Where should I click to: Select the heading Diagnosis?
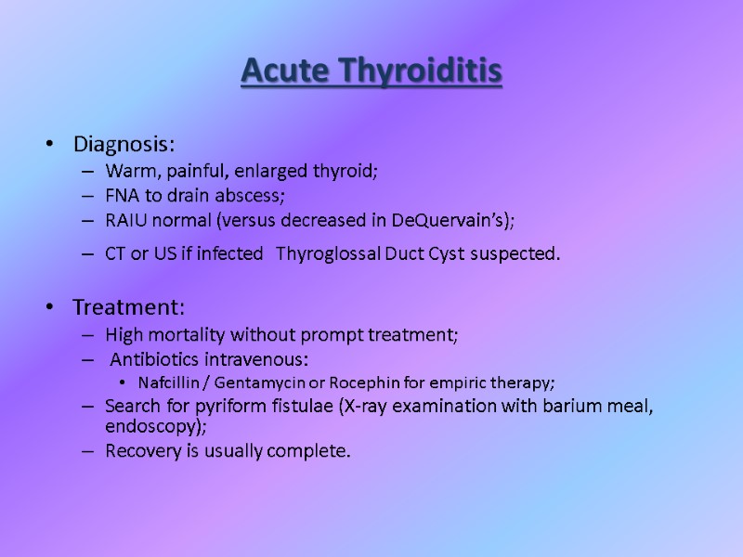124,145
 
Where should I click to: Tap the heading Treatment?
129,306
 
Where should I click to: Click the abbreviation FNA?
123,196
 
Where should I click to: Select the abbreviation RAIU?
126,220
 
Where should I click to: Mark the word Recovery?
139,451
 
